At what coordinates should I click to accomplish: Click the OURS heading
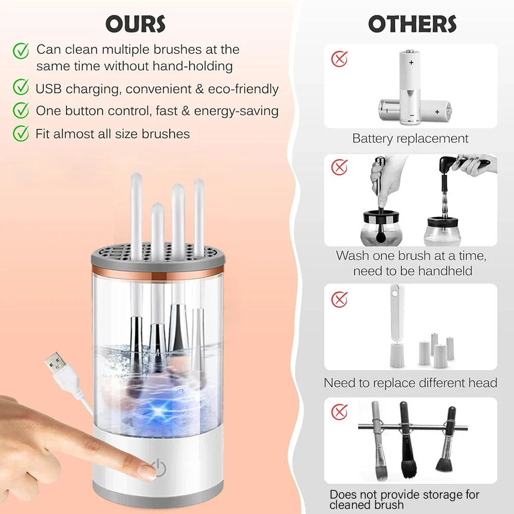135,24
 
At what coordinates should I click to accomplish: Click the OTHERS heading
412,24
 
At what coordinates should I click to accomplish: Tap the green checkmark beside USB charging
21,88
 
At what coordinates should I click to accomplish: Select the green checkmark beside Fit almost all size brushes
21,133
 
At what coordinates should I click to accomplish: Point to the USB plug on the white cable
56,365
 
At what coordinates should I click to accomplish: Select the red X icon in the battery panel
339,59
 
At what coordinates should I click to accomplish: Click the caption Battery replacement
410,138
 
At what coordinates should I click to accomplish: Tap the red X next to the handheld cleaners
339,167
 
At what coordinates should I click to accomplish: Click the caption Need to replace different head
410,383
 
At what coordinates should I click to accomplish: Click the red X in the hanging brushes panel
339,411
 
